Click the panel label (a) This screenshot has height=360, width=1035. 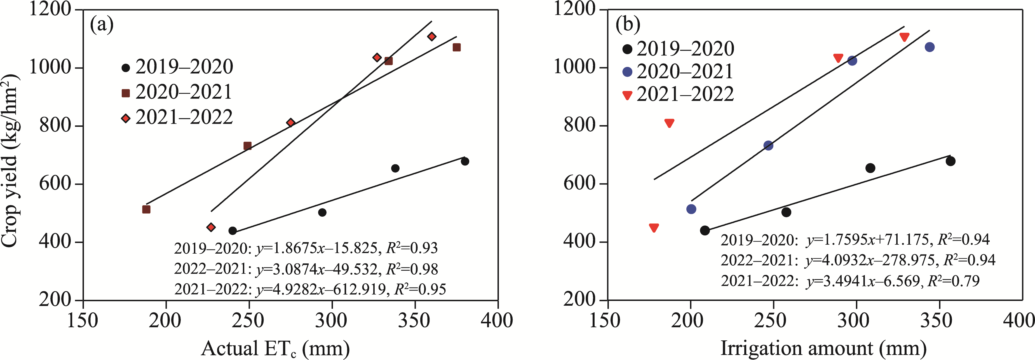pyautogui.click(x=102, y=25)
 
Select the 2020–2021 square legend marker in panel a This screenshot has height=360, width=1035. pyautogui.click(x=126, y=93)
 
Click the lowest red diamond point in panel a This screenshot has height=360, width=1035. pyautogui.click(x=211, y=227)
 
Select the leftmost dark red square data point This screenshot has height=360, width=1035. pyautogui.click(x=146, y=209)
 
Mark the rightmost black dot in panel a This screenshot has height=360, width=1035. pyautogui.click(x=465, y=162)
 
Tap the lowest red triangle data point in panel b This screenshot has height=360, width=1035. pyautogui.click(x=654, y=228)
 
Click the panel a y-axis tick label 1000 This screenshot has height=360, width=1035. pyautogui.click(x=50, y=67)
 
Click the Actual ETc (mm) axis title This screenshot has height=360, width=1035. pyautogui.click(x=275, y=348)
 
